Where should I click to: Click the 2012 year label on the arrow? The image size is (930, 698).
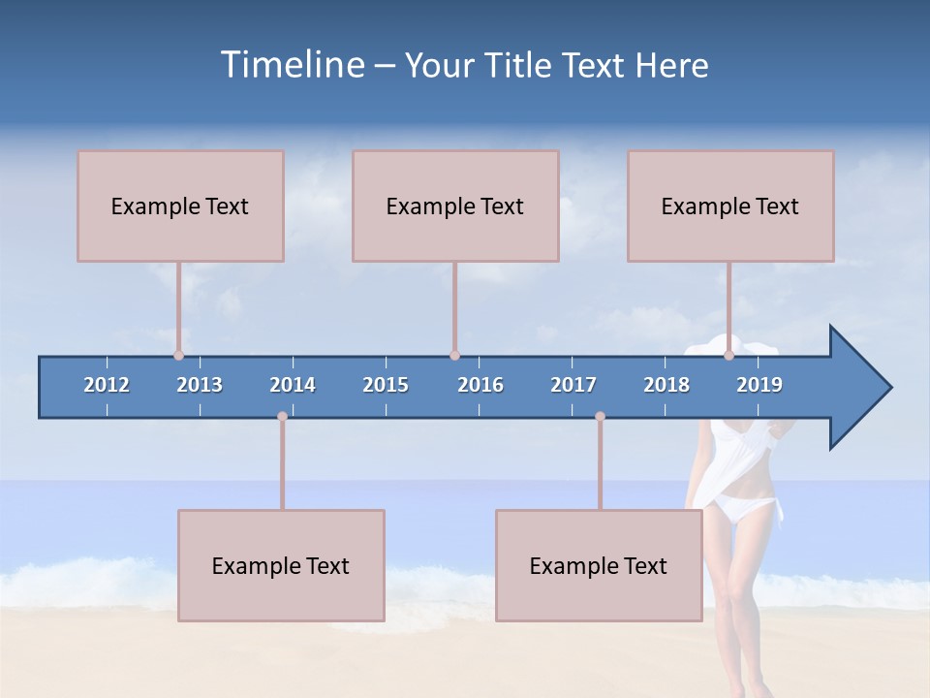pos(107,385)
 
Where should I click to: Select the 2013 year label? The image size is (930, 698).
pos(200,385)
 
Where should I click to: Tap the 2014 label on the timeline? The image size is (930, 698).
pos(293,385)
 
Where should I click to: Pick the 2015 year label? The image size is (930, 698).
pos(386,385)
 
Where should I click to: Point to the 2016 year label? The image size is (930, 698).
pos(480,385)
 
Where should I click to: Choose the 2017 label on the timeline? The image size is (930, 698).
pos(573,385)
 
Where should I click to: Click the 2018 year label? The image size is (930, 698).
pos(666,385)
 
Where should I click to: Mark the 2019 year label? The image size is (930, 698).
pos(759,385)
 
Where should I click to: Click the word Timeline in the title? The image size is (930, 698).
pos(292,65)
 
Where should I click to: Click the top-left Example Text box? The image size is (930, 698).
pos(180,206)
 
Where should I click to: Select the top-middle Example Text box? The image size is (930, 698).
pos(455,206)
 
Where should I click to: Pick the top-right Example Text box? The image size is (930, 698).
pos(730,206)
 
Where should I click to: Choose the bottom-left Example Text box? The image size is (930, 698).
pos(281,565)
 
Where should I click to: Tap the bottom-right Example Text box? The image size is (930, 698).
pos(599,565)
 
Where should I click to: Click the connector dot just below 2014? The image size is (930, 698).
pos(282,416)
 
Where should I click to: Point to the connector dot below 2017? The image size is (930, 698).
pos(600,416)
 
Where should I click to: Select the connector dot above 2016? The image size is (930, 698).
pos(454,355)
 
